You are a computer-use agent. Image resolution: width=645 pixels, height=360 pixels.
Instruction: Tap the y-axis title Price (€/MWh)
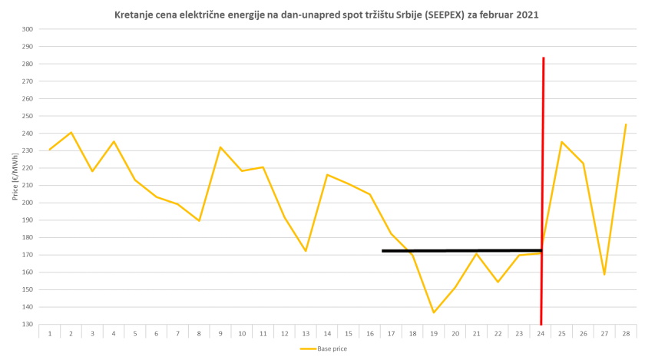pyautogui.click(x=15, y=176)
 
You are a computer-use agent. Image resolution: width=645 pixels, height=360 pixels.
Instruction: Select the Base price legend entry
pyautogui.click(x=323, y=348)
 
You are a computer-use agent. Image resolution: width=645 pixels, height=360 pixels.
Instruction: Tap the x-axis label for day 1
pyautogui.click(x=50, y=334)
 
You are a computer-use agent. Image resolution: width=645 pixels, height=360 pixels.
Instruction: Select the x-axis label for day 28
pyautogui.click(x=626, y=334)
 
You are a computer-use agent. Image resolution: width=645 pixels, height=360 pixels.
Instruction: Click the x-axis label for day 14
pyautogui.click(x=327, y=334)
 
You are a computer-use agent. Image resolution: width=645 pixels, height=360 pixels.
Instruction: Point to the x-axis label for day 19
pyautogui.click(x=434, y=334)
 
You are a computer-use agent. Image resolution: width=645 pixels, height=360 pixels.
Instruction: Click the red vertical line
pyautogui.click(x=543, y=154)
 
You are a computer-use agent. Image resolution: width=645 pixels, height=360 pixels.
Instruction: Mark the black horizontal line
pyautogui.click(x=461, y=250)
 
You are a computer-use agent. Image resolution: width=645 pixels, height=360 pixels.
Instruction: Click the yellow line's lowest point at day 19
pyautogui.click(x=434, y=312)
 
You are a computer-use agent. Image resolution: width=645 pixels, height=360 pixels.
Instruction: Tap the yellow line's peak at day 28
pyautogui.click(x=626, y=124)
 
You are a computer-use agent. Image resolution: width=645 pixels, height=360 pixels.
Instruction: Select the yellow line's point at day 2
pyautogui.click(x=71, y=132)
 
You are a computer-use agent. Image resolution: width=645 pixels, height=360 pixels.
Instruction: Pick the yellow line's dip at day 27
pyautogui.click(x=604, y=274)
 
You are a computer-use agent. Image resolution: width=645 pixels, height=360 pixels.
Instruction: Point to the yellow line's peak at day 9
pyautogui.click(x=220, y=147)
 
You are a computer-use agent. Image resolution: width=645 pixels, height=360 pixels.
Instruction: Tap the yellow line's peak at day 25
pyautogui.click(x=562, y=141)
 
